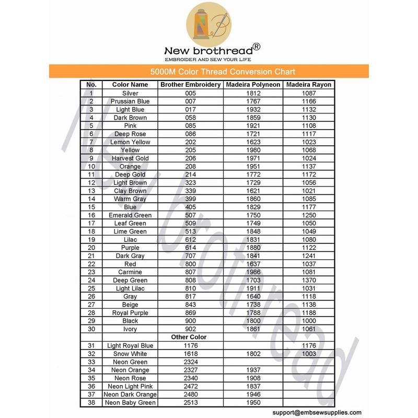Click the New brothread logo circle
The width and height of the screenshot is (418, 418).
click(x=209, y=24)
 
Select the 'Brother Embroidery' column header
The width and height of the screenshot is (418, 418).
click(x=190, y=85)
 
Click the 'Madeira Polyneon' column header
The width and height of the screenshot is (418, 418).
click(x=253, y=85)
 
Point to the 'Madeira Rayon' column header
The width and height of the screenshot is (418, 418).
click(x=309, y=85)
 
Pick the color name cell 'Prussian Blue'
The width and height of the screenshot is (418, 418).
click(x=130, y=101)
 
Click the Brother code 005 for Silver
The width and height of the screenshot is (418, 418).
click(x=190, y=93)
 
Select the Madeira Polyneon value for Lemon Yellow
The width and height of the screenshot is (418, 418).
click(x=253, y=142)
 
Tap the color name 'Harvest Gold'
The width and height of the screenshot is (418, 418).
click(x=130, y=158)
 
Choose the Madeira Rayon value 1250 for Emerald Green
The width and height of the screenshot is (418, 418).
click(x=309, y=215)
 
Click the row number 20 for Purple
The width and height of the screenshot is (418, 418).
click(x=91, y=248)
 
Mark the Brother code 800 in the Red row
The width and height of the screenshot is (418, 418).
click(x=190, y=264)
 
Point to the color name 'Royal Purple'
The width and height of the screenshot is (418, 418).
click(x=130, y=313)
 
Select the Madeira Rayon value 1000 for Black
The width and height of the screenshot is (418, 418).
click(x=309, y=321)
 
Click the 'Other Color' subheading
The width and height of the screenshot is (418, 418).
click(x=189, y=337)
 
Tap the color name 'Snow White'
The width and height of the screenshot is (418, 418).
click(x=130, y=354)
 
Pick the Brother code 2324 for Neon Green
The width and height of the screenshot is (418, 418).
click(x=190, y=362)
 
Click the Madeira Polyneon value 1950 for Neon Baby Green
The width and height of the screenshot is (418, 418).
click(x=253, y=402)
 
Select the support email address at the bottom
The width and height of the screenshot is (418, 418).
click(x=317, y=412)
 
